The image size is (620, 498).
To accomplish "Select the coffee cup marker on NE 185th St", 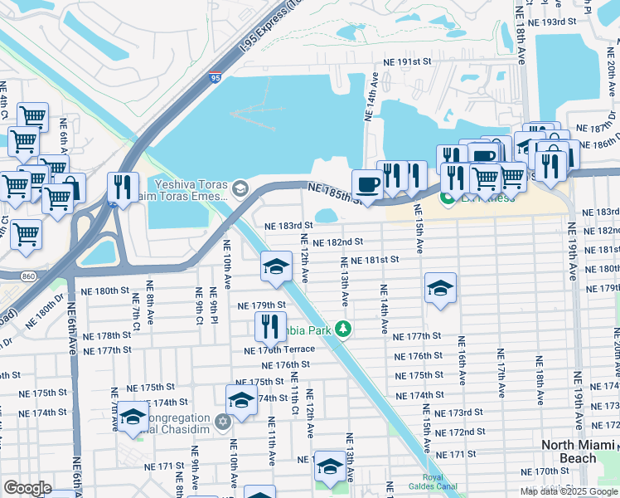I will [x=366, y=184].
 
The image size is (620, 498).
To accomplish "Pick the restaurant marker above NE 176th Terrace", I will [x=270, y=325].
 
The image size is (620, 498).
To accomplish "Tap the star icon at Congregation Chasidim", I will [x=222, y=422].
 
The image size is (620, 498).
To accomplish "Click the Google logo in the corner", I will [x=27, y=488].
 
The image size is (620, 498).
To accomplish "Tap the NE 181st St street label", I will [x=375, y=260].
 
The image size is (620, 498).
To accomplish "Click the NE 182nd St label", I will [x=339, y=242].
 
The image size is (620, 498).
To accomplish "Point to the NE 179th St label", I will [x=262, y=305].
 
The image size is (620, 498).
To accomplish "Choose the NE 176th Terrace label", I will [x=279, y=349].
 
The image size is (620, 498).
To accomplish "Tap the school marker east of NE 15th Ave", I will [x=440, y=288].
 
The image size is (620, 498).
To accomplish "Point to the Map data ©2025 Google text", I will [x=569, y=491].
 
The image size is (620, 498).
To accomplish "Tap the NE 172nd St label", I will [x=460, y=432].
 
